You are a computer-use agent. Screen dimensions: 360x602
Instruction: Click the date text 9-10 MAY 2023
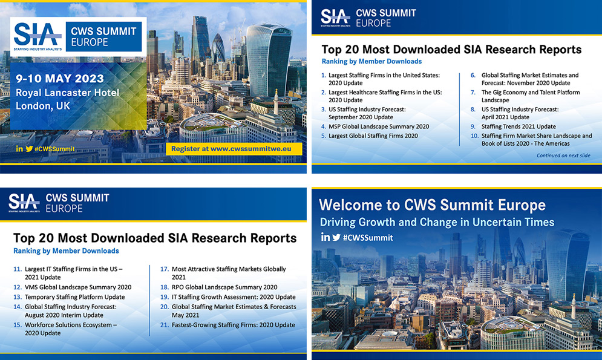tap(61, 79)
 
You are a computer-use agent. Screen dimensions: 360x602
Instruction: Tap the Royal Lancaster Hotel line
tap(68, 93)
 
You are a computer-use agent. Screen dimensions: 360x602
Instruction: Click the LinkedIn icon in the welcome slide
tap(326, 238)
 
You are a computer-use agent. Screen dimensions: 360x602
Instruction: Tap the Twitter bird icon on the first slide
tap(28, 148)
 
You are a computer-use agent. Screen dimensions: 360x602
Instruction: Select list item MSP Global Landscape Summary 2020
tap(379, 126)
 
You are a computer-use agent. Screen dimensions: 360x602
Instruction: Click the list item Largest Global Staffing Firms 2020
tap(373, 136)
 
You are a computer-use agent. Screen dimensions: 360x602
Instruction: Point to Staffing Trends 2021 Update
tap(519, 126)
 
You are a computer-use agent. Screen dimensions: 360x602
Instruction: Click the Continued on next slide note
tap(563, 155)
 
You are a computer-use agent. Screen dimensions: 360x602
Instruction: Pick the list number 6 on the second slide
tap(473, 76)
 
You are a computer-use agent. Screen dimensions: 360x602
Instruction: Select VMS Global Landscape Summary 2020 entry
tap(78, 287)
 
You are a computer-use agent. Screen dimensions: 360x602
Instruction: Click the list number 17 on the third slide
tap(164, 269)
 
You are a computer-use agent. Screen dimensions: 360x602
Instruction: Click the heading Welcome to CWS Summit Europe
tap(432, 205)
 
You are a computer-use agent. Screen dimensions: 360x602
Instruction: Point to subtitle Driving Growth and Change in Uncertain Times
tap(437, 222)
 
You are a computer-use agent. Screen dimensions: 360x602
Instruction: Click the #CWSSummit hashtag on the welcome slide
tap(368, 238)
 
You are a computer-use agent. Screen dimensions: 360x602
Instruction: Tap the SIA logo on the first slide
tap(37, 36)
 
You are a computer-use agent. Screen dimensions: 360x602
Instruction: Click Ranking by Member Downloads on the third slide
tap(66, 250)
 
